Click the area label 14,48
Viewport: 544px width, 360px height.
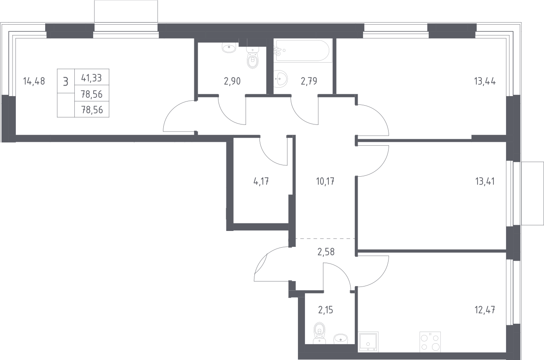click(34, 81)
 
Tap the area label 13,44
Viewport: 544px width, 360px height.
click(485, 81)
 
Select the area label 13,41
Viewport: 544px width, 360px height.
click(485, 181)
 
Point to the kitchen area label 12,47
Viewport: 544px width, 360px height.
click(485, 310)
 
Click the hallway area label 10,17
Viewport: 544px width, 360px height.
click(325, 181)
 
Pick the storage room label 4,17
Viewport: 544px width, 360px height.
click(261, 181)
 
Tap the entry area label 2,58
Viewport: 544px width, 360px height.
click(326, 252)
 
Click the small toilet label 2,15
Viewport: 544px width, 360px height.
click(325, 310)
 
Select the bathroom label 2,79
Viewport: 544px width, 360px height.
click(309, 81)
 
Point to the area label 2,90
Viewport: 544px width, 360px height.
click(232, 81)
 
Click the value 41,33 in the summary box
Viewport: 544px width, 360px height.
click(92, 78)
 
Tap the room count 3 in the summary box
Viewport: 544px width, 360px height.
click(66, 82)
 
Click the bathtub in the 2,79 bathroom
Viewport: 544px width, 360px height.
click(303, 51)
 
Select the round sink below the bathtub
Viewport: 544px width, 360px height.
click(281, 79)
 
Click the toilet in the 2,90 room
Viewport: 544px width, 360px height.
click(252, 57)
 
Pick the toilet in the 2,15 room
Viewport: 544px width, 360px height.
click(319, 333)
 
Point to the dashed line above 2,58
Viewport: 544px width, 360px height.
click(325, 238)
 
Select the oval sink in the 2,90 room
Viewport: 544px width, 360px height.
click(229, 48)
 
